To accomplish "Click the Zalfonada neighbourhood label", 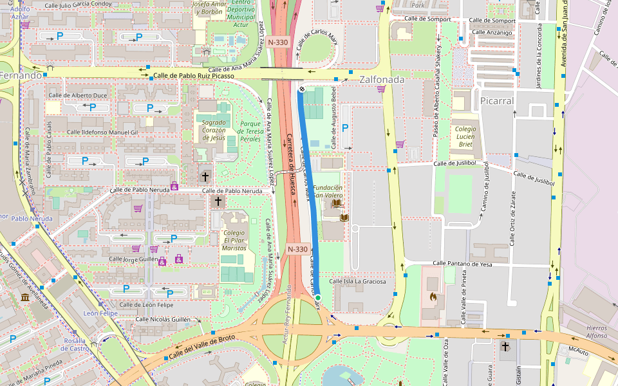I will pos(382,80).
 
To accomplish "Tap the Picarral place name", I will pos(496,101).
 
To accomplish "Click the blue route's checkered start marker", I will pos(301,89).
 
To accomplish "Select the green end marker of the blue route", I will pos(317,297).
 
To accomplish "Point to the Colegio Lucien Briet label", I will pos(465,137).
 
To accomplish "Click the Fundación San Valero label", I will pos(328,192).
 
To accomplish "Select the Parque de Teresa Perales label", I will pos(250,131).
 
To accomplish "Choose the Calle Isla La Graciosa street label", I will pos(357,281).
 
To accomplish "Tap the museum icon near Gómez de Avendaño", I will pos(24,297).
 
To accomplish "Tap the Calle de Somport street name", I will pos(427,19).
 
